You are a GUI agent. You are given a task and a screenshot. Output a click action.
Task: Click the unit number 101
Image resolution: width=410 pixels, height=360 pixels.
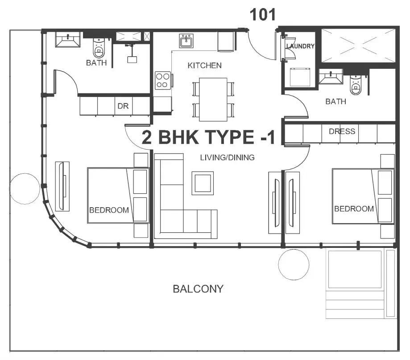(262, 15)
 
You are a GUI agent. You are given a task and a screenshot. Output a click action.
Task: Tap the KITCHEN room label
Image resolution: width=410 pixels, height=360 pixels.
(204, 66)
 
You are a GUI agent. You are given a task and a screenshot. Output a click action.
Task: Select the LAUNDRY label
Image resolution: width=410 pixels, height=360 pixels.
(300, 46)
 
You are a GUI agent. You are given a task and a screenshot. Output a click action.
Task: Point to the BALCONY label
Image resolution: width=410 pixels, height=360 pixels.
(198, 289)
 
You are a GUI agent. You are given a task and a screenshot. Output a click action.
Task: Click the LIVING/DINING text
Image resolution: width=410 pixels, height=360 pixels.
(227, 157)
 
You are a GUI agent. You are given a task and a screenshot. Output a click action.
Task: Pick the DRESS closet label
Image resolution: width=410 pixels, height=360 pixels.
(342, 131)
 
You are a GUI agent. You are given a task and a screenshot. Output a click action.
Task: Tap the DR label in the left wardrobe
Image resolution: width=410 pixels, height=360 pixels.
(123, 106)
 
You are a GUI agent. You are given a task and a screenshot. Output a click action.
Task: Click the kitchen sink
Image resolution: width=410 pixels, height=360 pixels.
(186, 41)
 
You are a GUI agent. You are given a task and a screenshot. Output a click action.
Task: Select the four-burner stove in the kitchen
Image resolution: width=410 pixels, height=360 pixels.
(163, 80)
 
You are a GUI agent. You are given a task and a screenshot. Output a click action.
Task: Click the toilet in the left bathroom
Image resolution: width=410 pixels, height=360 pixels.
(99, 48)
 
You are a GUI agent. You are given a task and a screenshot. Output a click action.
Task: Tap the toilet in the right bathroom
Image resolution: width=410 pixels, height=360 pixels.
(356, 85)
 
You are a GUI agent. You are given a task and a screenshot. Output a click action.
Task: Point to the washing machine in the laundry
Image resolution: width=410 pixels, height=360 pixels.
(300, 77)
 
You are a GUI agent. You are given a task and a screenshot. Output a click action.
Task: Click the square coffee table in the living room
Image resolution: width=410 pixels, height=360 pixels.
(203, 183)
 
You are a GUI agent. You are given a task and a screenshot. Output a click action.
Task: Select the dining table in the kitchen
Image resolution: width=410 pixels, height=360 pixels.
(213, 100)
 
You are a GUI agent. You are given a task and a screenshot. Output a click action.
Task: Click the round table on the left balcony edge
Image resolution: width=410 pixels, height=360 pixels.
(25, 188)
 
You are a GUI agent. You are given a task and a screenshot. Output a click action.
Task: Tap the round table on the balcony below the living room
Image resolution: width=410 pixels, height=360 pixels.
(294, 265)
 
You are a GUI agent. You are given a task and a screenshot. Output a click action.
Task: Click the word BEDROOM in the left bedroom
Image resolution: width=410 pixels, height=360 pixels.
(109, 210)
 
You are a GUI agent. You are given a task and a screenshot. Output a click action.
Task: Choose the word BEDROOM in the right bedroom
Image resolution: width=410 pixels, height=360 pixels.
(354, 209)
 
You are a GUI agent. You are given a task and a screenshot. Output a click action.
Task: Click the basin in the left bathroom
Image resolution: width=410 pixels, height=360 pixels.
(68, 40)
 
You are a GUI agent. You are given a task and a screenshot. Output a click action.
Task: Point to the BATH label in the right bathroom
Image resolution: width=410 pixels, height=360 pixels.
(336, 101)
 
